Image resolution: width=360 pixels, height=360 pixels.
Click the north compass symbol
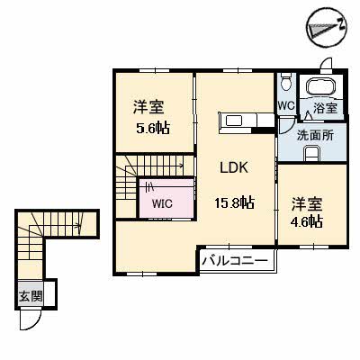327,28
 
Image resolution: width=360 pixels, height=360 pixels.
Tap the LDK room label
234,167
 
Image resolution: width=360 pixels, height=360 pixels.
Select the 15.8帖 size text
234,203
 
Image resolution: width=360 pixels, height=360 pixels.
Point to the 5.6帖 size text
153,129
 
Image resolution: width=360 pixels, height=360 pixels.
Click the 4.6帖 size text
306,222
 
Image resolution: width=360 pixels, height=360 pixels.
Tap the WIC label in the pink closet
162,204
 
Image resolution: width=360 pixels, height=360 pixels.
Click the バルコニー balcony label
234,261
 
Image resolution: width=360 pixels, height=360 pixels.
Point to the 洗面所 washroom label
315,136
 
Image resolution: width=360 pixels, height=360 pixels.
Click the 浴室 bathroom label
325,108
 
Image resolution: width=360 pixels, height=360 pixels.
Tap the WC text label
286,105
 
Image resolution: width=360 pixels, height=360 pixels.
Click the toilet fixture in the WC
286,81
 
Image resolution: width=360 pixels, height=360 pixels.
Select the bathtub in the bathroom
320,85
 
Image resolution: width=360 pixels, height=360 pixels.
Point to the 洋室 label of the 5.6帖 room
148,107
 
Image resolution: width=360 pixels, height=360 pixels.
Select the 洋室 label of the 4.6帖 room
307,204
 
